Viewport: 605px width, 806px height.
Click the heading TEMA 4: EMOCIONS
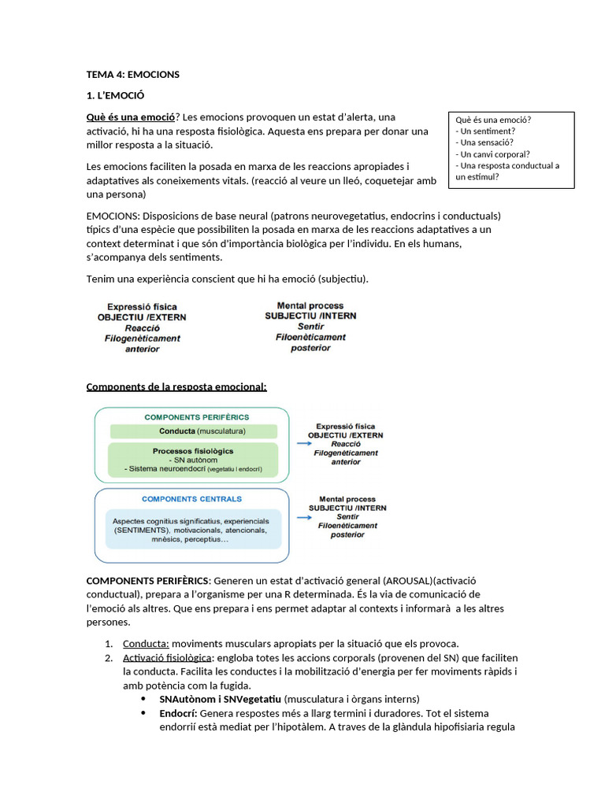pos(132,75)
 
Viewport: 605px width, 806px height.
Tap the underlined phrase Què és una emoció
pos(129,117)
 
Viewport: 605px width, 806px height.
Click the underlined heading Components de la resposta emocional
pos(176,386)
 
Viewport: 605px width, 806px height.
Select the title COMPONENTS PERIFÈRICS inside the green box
pos(196,416)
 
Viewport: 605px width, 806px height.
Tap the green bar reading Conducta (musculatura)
pos(194,431)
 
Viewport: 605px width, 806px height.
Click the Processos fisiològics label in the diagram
pos(193,451)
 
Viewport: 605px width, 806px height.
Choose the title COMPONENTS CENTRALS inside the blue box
pos(191,499)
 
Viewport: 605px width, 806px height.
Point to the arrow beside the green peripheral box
pos(302,443)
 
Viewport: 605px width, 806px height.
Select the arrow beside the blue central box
pos(302,517)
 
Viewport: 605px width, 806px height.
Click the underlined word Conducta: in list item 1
pos(147,643)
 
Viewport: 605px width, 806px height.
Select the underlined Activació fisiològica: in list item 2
pos(167,657)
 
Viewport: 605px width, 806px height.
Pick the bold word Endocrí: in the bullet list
pos(178,713)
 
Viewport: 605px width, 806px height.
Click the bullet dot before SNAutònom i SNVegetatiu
pos(143,699)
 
